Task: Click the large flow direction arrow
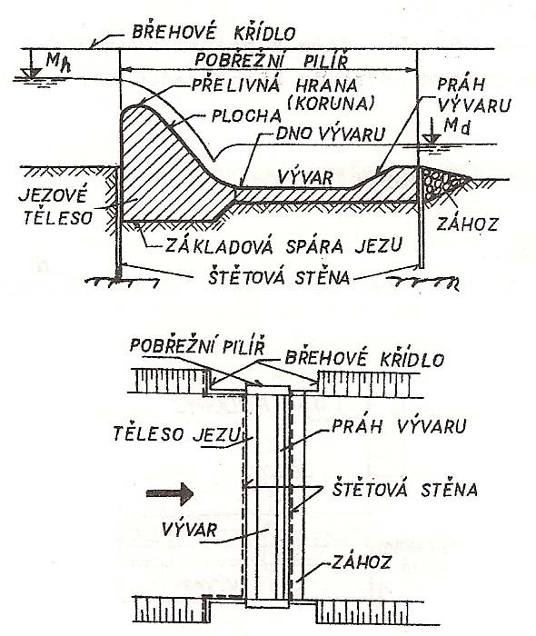click(170, 493)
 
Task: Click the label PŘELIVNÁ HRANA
click(274, 85)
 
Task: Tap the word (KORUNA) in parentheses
click(330, 104)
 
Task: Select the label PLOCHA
click(246, 115)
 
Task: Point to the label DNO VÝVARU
click(330, 134)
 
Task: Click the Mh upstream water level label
click(58, 63)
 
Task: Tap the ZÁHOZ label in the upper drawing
click(467, 224)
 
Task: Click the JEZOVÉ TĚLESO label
click(55, 206)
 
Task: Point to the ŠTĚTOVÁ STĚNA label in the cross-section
click(279, 276)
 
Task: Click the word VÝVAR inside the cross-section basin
click(305, 177)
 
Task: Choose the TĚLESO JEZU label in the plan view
click(175, 433)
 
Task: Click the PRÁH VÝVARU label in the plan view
click(399, 426)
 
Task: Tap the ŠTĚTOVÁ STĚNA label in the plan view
click(404, 489)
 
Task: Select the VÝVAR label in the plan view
click(189, 529)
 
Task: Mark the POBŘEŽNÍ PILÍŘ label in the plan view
click(197, 346)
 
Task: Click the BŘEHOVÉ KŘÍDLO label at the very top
click(214, 33)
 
